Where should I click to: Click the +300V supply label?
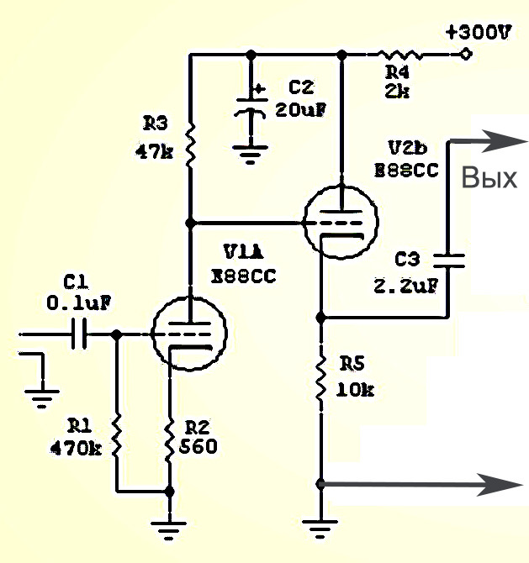(x=478, y=32)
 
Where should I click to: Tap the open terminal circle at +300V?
(x=466, y=55)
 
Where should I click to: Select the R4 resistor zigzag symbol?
(x=399, y=55)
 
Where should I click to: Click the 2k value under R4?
(x=397, y=92)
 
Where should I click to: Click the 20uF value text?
(x=301, y=109)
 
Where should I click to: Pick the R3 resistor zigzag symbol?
(x=190, y=145)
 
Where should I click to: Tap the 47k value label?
(x=154, y=152)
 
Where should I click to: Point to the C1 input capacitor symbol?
(x=79, y=334)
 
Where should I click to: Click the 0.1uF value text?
(x=79, y=303)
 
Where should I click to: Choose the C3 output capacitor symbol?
(x=448, y=261)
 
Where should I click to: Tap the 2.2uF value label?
(x=406, y=286)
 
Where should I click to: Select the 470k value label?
(x=76, y=448)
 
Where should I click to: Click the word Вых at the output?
(x=489, y=178)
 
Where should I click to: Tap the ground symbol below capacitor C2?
(x=250, y=154)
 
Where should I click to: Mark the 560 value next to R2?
(x=198, y=446)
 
